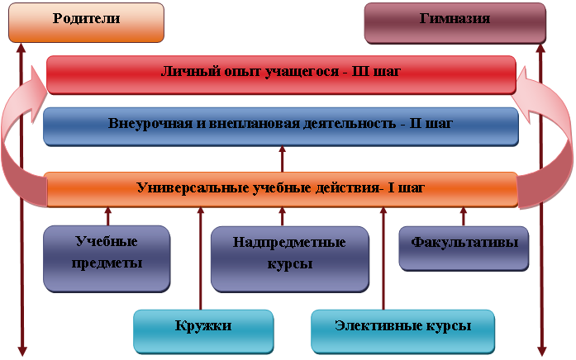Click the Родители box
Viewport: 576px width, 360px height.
(x=86, y=23)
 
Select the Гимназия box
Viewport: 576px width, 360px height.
(x=455, y=23)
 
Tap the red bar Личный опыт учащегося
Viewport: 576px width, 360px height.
(x=281, y=75)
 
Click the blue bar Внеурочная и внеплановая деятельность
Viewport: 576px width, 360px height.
(x=281, y=126)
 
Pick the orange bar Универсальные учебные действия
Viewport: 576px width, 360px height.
(x=282, y=189)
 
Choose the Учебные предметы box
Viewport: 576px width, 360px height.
(x=107, y=258)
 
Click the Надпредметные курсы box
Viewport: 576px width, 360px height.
(x=290, y=259)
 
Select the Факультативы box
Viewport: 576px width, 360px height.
(x=464, y=249)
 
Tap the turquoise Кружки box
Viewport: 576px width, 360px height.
(x=203, y=331)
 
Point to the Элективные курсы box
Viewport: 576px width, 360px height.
(x=403, y=331)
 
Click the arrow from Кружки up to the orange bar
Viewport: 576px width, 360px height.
(x=201, y=258)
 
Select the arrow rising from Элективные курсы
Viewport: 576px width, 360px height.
(x=383, y=258)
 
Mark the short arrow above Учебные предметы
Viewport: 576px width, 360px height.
(x=108, y=216)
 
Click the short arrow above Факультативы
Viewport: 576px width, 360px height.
(x=464, y=216)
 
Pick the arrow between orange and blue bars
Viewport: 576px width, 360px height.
(x=282, y=159)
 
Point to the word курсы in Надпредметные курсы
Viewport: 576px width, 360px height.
(x=290, y=264)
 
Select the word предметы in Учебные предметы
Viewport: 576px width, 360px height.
(x=107, y=263)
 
